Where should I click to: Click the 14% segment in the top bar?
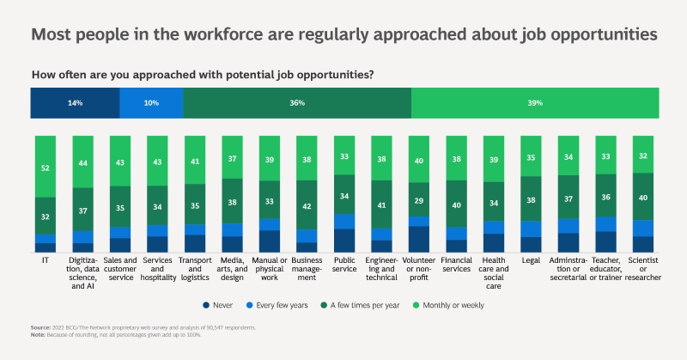tap(75, 103)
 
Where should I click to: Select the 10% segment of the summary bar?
tap(151, 103)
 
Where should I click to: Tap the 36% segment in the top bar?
tap(297, 103)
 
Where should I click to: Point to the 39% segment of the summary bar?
tap(535, 103)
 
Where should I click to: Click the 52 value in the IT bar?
tap(45, 168)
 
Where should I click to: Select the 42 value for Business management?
tap(306, 206)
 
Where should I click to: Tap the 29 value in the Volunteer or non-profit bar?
tap(418, 199)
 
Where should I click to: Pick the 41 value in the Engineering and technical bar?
tap(381, 206)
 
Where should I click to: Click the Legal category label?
tap(532, 259)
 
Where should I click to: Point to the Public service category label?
tap(343, 263)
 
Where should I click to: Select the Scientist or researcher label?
tap(643, 268)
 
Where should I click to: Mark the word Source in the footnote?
tap(40, 328)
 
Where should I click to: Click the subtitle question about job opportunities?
tap(203, 75)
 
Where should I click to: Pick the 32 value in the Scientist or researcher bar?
tap(643, 156)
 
